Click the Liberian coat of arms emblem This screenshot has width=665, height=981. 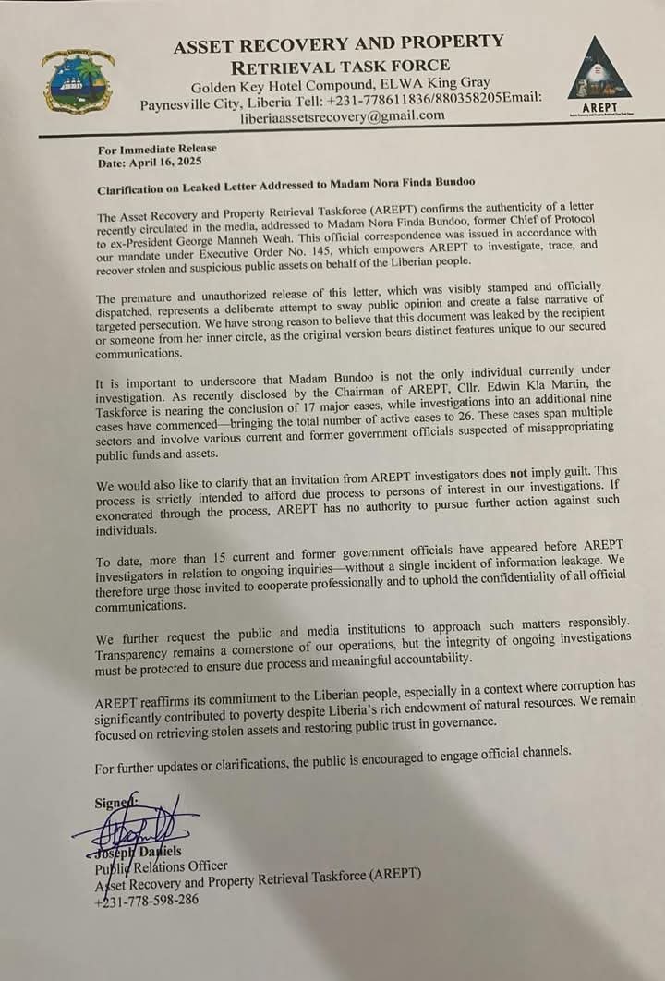click(x=77, y=81)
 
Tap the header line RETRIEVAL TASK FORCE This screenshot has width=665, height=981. click(x=340, y=66)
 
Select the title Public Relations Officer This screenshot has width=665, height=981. click(x=161, y=866)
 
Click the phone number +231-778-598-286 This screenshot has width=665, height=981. click(x=146, y=900)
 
